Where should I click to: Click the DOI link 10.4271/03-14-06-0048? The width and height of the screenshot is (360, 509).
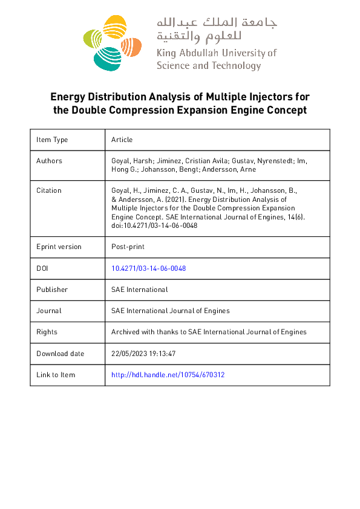pyautogui.click(x=148, y=268)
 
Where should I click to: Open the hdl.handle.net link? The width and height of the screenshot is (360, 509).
pyautogui.click(x=168, y=375)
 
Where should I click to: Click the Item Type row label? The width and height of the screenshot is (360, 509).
pyautogui.click(x=52, y=140)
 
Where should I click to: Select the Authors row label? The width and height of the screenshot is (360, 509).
pyautogui.click(x=49, y=161)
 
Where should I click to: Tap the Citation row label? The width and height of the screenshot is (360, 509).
pyautogui.click(x=48, y=190)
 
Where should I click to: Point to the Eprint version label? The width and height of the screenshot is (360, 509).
pyautogui.click(x=59, y=247)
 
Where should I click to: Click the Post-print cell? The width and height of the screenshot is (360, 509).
pyautogui.click(x=128, y=247)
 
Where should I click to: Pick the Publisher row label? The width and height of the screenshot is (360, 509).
pyautogui.click(x=52, y=290)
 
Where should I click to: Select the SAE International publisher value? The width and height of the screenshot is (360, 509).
pyautogui.click(x=139, y=290)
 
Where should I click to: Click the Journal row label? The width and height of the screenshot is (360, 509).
pyautogui.click(x=48, y=311)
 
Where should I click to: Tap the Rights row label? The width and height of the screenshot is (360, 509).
pyautogui.click(x=47, y=332)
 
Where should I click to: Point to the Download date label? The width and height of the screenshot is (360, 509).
pyautogui.click(x=60, y=354)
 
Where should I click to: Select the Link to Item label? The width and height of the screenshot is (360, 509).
pyautogui.click(x=56, y=375)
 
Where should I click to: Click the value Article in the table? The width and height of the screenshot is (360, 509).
pyautogui.click(x=122, y=140)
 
